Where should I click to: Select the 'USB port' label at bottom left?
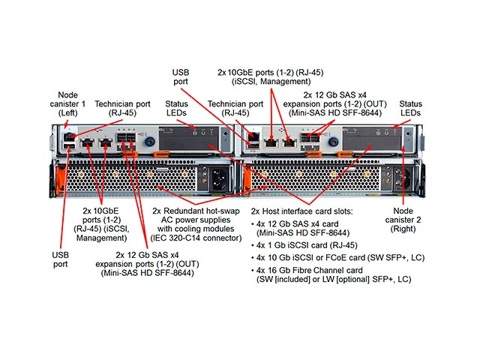coord(60,259)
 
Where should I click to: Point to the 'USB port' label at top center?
coord(180,76)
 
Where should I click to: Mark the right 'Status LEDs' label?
coord(410,109)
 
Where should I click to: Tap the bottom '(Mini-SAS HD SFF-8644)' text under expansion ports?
coord(146,273)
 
